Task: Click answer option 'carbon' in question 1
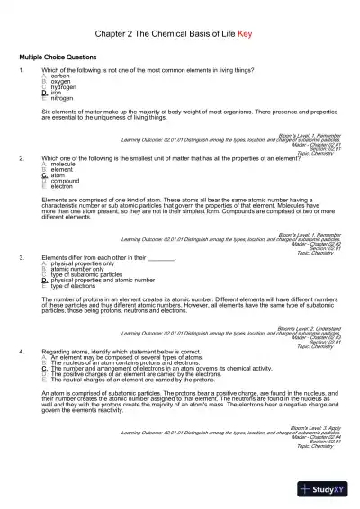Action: [61, 76]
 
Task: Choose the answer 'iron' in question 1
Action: [57, 92]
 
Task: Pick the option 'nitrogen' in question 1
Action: [63, 97]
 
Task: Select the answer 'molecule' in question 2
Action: [64, 165]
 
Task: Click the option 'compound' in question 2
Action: [66, 181]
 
